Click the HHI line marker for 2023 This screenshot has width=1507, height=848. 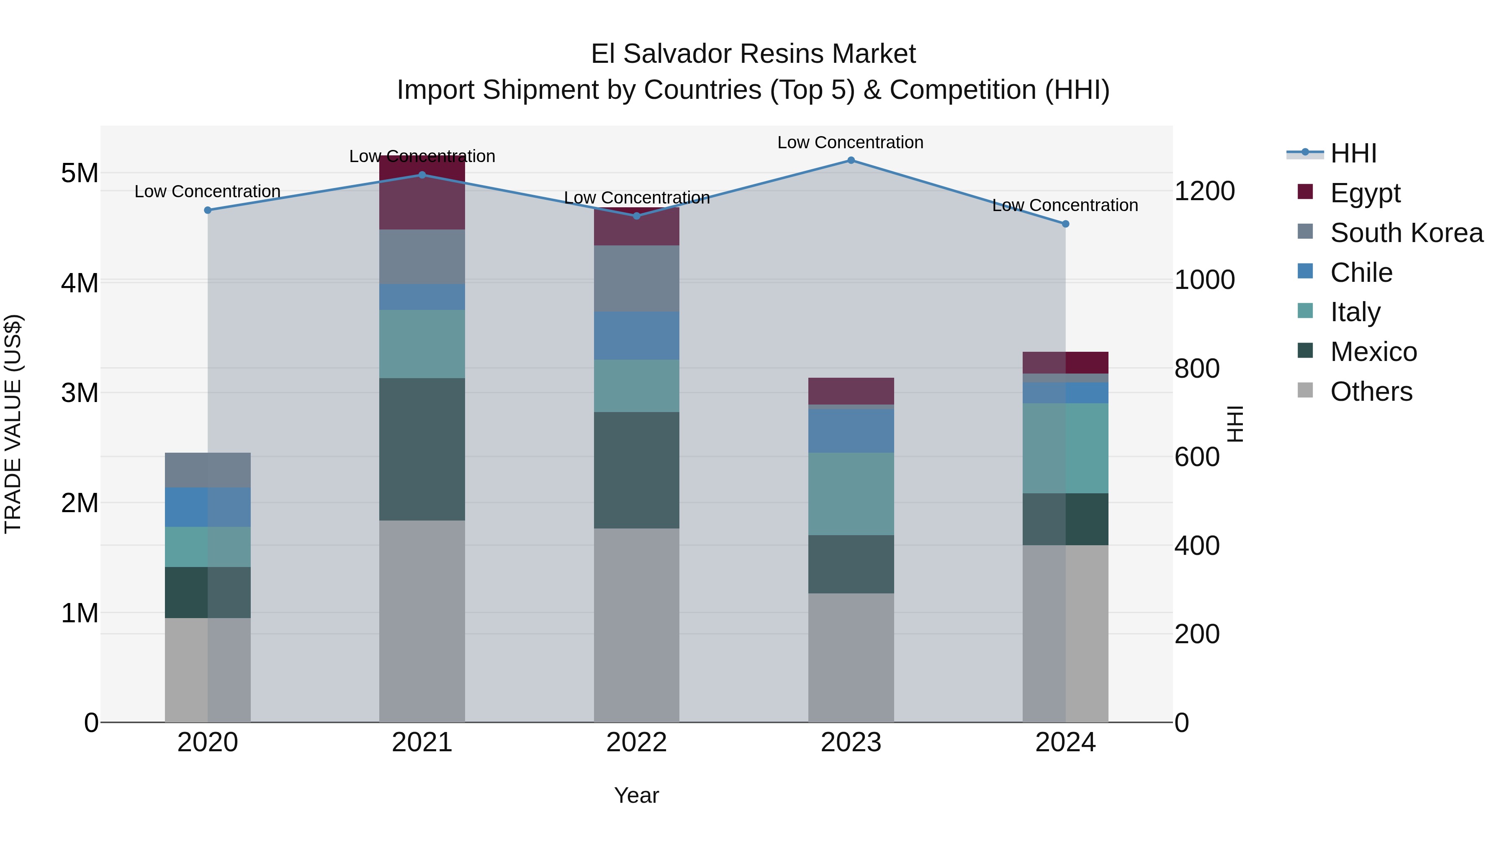coord(851,160)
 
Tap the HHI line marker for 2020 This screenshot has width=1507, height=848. coord(208,210)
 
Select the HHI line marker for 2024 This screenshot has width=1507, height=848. coord(1065,224)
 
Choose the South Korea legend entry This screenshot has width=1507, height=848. coord(1406,233)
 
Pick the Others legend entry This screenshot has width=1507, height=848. coord(1370,392)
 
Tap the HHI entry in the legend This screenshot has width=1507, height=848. coord(1353,153)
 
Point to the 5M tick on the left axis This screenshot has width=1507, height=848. coord(80,173)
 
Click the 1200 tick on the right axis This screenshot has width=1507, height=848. coord(1204,191)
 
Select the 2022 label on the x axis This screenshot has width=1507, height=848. coord(636,742)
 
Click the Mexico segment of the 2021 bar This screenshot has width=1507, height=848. coord(422,449)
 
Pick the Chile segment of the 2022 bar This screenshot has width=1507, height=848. coord(636,335)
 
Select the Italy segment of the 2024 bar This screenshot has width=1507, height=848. coord(1065,448)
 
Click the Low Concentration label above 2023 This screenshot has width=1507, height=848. coord(850,143)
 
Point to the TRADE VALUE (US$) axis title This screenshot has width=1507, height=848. coord(13,424)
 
